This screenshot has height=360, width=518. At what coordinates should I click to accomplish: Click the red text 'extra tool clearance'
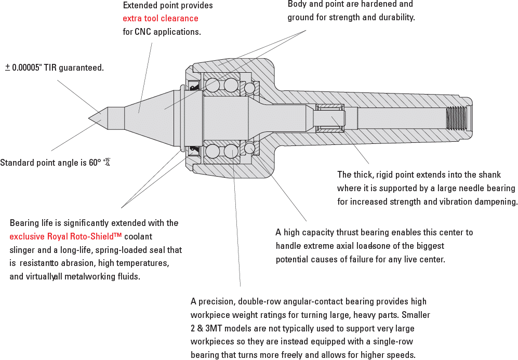pyautogui.click(x=161, y=19)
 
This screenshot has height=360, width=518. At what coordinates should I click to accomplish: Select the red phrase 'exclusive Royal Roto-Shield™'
pyautogui.click(x=65, y=236)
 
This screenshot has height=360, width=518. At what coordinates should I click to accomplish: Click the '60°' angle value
pyautogui.click(x=95, y=163)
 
